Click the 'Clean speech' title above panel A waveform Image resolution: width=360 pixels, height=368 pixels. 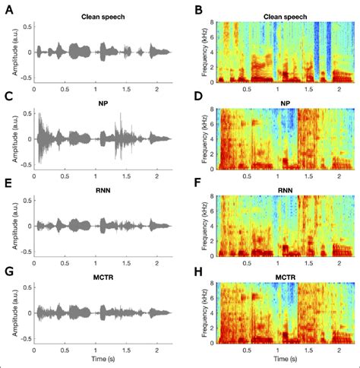pyautogui.click(x=103, y=15)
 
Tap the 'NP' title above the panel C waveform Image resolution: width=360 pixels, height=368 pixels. pyautogui.click(x=103, y=103)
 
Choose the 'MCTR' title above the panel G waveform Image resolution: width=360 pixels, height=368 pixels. pyautogui.click(x=103, y=276)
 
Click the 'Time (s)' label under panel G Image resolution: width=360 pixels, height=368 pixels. pyautogui.click(x=103, y=358)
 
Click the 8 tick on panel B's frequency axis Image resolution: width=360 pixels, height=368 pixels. pyautogui.click(x=212, y=23)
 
